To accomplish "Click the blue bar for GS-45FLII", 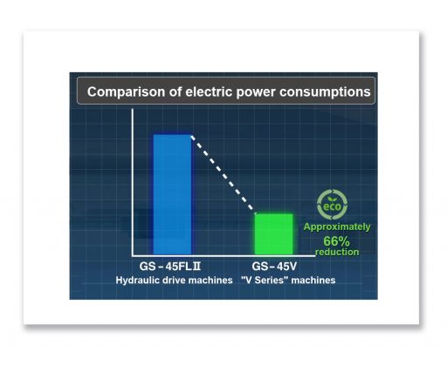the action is pyautogui.click(x=172, y=194).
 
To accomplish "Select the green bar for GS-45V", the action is pyautogui.click(x=274, y=234).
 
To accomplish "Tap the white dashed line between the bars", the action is pyautogui.click(x=223, y=172).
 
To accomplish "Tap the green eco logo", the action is pyautogui.click(x=332, y=205).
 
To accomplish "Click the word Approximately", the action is pyautogui.click(x=337, y=227).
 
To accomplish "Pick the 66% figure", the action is pyautogui.click(x=336, y=241).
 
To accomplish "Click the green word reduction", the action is pyautogui.click(x=337, y=252).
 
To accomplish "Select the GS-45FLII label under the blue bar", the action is pyautogui.click(x=170, y=267).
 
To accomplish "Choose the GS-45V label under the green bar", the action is pyautogui.click(x=274, y=267).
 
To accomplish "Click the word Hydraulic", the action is pyautogui.click(x=134, y=281).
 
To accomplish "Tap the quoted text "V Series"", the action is pyautogui.click(x=265, y=281).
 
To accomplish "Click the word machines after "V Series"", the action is pyautogui.click(x=313, y=281).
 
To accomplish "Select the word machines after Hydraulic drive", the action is pyautogui.click(x=210, y=281).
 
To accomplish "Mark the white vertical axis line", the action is pyautogui.click(x=133, y=182).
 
